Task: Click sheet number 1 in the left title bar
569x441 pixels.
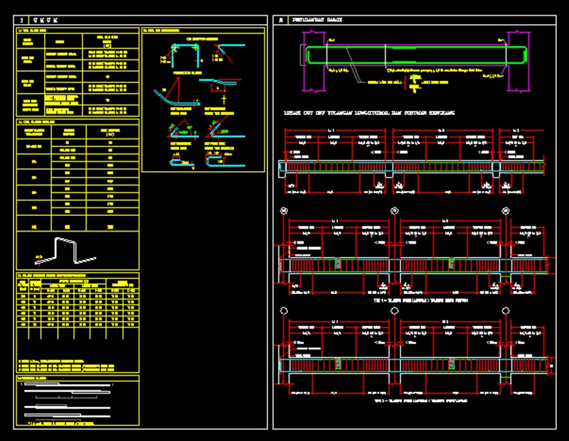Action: pos(23,19)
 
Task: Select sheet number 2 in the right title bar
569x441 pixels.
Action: pos(281,19)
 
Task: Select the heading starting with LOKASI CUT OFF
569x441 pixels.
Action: pos(369,113)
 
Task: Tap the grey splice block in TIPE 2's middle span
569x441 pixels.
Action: pos(452,364)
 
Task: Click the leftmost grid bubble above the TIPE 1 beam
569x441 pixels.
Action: pos(284,211)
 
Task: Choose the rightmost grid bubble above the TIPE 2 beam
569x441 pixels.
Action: pos(506,310)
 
